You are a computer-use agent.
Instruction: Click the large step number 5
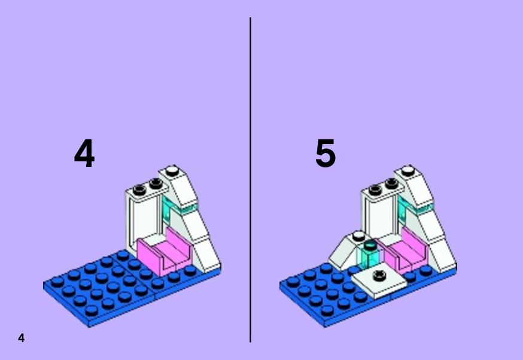click(x=325, y=153)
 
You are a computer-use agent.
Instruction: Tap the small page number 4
click(x=22, y=338)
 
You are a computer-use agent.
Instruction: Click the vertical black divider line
click(x=250, y=180)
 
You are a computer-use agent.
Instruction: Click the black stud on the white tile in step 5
click(x=379, y=275)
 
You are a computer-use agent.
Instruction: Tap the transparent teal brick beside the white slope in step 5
click(x=368, y=255)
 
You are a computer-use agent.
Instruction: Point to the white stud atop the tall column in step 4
click(x=172, y=171)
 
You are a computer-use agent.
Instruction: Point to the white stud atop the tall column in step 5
click(x=408, y=171)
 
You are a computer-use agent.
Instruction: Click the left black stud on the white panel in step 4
click(x=139, y=190)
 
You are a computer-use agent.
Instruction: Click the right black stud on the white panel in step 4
click(x=156, y=183)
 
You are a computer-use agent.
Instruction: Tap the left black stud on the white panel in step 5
click(x=375, y=190)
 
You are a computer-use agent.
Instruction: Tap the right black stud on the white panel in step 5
click(x=391, y=183)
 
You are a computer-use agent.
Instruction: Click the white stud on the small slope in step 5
click(x=358, y=236)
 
